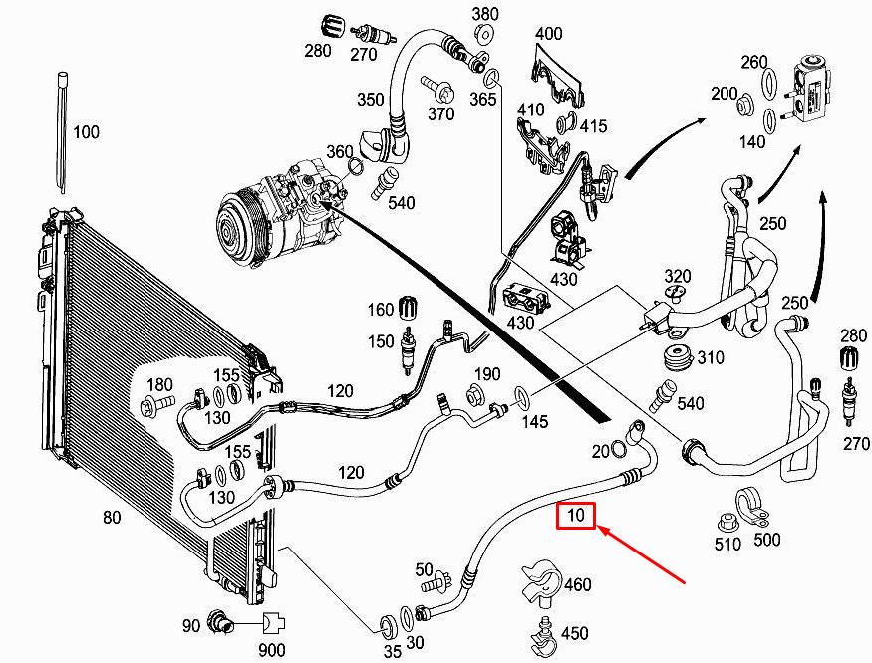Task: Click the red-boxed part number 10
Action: point(576,516)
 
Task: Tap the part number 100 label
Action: point(87,132)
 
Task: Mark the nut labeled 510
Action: point(727,521)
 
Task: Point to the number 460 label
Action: point(577,585)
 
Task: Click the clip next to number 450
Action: point(543,631)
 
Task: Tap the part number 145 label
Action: point(534,422)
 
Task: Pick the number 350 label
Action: point(371,100)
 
